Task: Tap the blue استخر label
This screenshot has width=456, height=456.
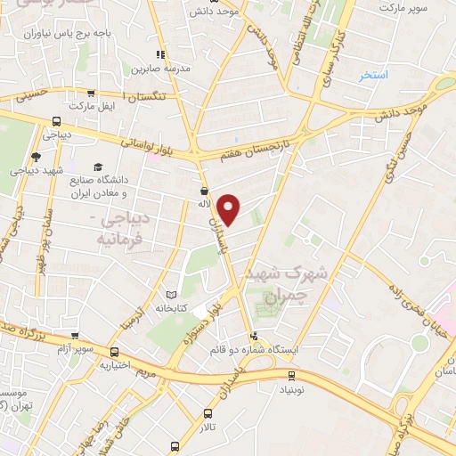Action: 375,76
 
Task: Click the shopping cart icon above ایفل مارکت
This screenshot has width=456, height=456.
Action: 91,93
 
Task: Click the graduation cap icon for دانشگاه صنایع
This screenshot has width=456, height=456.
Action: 98,167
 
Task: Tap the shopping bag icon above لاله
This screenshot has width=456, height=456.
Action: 204,190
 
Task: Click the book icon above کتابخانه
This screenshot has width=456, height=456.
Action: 172,294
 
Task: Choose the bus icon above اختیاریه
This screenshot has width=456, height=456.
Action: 115,349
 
